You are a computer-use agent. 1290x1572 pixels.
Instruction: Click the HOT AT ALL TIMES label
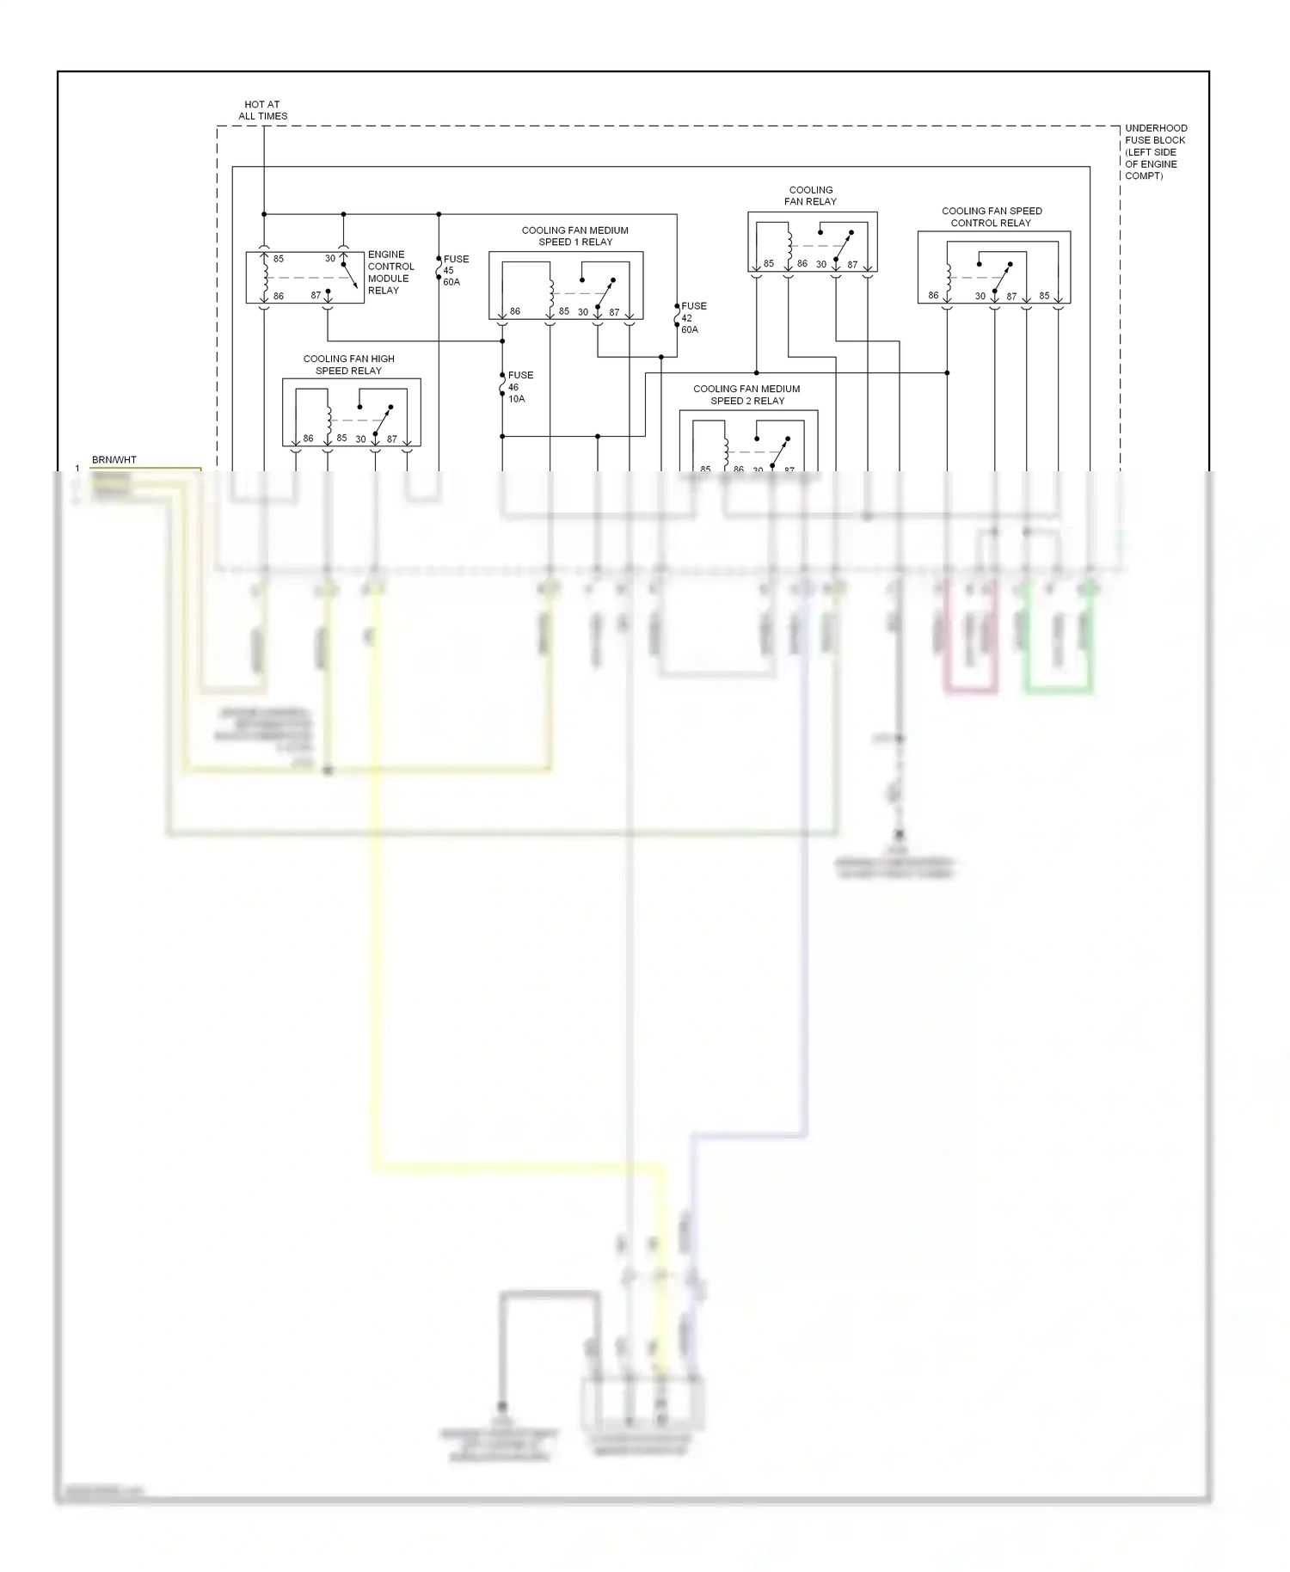tap(262, 110)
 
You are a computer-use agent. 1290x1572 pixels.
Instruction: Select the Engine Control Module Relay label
tap(390, 273)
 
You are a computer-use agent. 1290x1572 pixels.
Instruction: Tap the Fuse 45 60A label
tap(455, 270)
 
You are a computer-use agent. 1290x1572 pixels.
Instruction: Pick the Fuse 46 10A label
tap(519, 387)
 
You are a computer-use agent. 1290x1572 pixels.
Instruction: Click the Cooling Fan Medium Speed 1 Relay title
tap(574, 236)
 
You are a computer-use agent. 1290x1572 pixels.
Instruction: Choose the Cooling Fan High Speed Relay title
tap(348, 365)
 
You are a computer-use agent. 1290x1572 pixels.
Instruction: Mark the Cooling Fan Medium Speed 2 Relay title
tap(746, 395)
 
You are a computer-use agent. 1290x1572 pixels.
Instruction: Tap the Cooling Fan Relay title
tap(810, 196)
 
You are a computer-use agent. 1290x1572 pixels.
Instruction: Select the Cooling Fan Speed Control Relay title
tap(991, 217)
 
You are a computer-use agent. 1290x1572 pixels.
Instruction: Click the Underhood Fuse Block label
tap(1155, 152)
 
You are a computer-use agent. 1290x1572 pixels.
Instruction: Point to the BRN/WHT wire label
tap(114, 460)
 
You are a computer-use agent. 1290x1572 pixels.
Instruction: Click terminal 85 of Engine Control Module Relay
tap(279, 259)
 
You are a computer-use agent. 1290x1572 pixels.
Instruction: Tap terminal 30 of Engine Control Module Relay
tap(330, 259)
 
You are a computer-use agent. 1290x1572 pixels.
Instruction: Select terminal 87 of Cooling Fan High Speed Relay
tap(392, 439)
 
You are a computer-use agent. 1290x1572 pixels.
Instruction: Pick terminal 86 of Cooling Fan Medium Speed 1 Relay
tap(515, 311)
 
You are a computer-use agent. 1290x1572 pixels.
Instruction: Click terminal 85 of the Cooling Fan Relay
tap(769, 264)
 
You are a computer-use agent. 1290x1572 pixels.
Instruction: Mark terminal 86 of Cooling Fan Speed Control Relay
tap(933, 296)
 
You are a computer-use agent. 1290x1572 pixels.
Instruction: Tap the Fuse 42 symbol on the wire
tap(677, 316)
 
